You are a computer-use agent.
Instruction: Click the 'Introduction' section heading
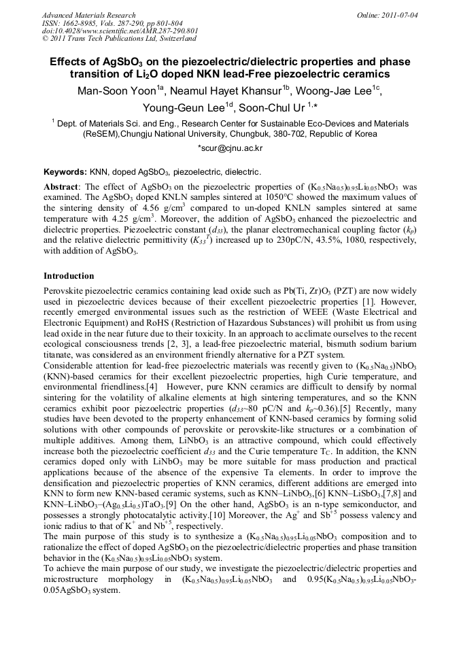coord(69,276)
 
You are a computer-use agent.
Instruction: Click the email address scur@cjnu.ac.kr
coord(230,148)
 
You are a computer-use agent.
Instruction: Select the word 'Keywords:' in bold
coord(65,173)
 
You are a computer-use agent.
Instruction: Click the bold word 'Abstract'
coord(61,187)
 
